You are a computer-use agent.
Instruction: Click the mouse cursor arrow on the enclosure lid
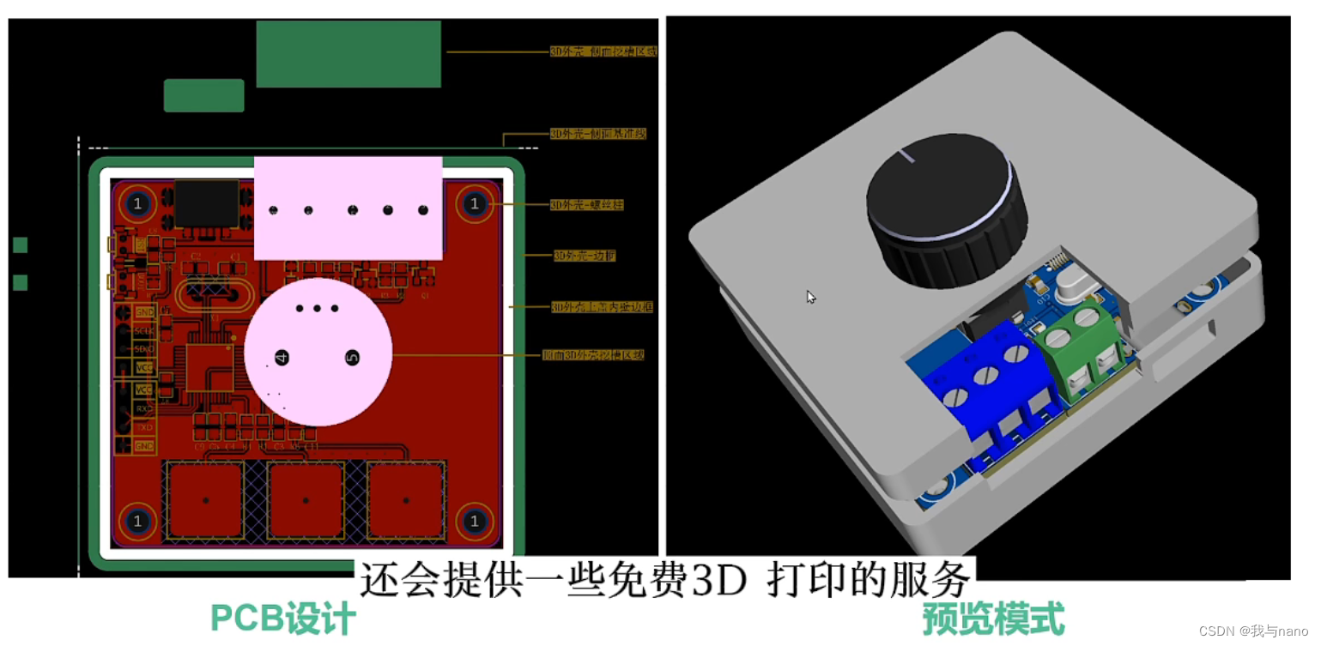[x=810, y=297]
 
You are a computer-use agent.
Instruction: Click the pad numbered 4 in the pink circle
[x=282, y=357]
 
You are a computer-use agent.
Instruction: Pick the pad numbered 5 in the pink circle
[x=351, y=357]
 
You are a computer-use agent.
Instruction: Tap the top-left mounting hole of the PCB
[x=136, y=204]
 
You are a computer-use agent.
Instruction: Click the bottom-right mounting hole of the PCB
[x=474, y=521]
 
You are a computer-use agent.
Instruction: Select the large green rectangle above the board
[x=348, y=54]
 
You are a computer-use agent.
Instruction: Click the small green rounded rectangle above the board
[x=204, y=95]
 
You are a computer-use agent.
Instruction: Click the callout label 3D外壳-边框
[x=584, y=256]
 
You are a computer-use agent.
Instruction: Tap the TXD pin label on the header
[x=144, y=426]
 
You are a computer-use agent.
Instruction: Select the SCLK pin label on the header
[x=144, y=330]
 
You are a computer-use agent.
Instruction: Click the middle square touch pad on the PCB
[x=306, y=500]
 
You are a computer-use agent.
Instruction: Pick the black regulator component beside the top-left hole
[x=206, y=203]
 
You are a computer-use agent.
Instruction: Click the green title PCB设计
[x=283, y=619]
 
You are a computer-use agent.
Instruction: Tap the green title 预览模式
[x=993, y=619]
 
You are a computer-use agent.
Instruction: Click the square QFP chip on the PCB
[x=210, y=366]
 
